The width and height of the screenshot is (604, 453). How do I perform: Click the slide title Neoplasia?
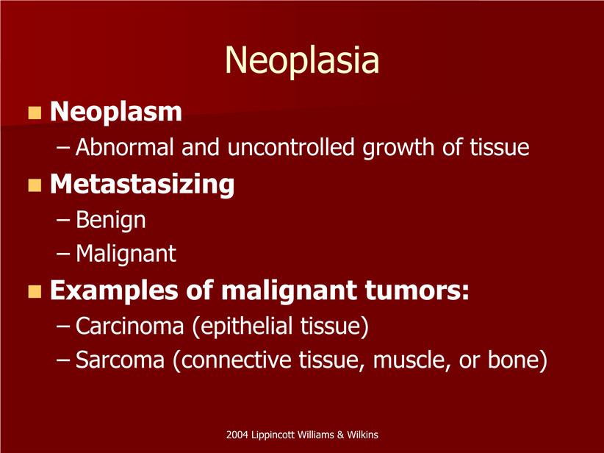tap(302, 60)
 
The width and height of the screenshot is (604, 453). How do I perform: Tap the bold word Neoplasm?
tap(116, 112)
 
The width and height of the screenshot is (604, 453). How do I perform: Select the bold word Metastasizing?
tap(142, 185)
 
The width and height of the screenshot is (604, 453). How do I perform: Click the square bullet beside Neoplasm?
tap(35, 113)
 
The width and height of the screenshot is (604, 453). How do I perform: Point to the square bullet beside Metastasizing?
tap(35, 185)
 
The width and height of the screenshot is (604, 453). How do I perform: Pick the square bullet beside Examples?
tap(35, 291)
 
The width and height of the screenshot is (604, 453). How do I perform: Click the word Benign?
tap(111, 220)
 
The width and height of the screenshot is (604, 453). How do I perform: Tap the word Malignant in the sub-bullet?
tap(126, 254)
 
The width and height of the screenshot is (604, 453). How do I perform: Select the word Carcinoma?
tap(130, 326)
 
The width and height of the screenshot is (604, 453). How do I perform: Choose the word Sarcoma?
tap(121, 360)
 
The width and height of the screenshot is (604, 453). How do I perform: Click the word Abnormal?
tap(125, 147)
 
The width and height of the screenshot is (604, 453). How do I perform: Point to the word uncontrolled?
tap(291, 147)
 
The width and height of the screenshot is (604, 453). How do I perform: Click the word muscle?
tap(411, 360)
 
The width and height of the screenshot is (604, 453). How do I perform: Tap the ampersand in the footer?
tap(340, 435)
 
